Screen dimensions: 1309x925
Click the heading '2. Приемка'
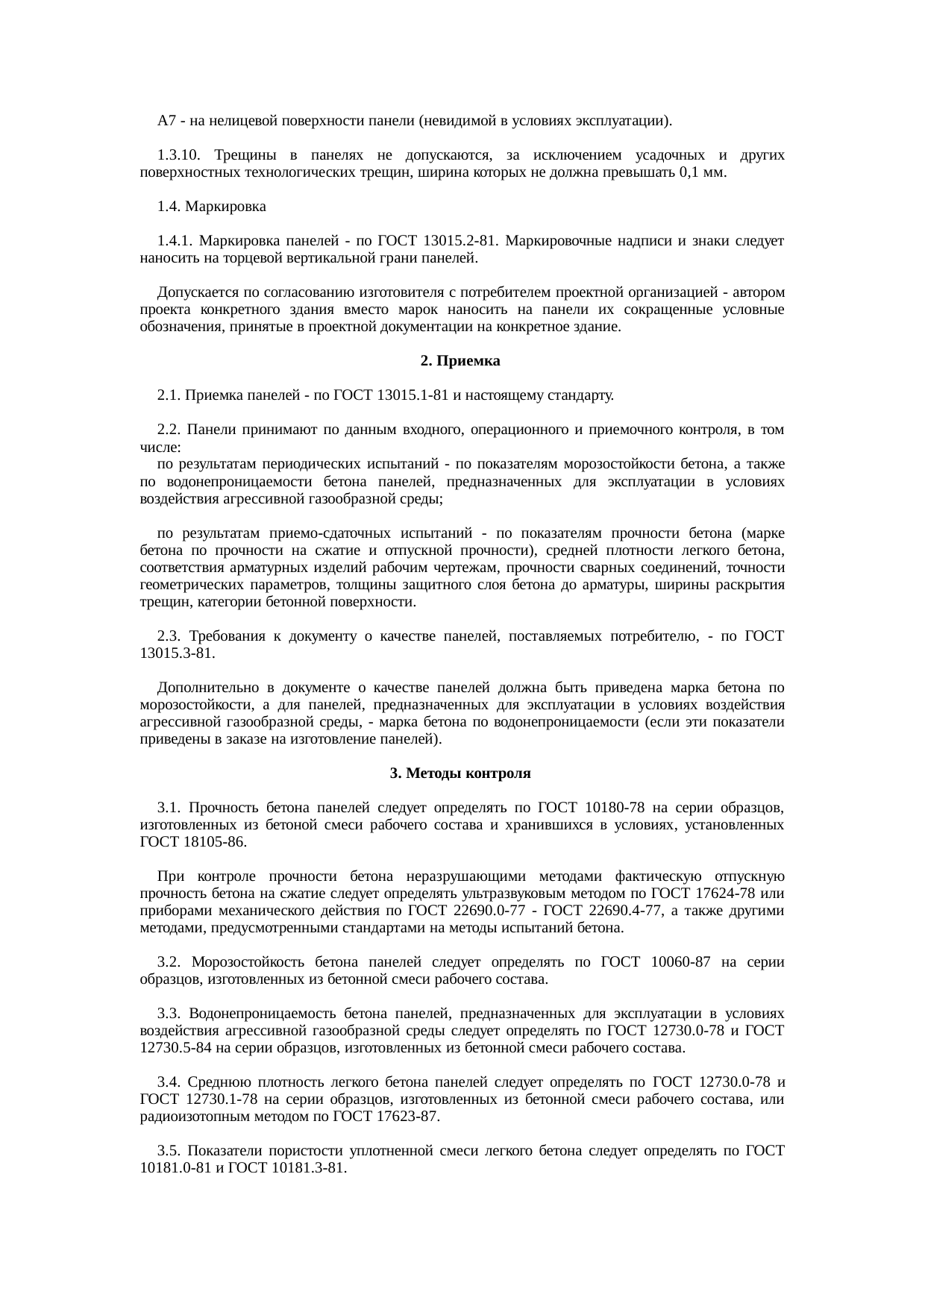click(x=460, y=361)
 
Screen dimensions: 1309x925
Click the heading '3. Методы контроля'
click(x=460, y=773)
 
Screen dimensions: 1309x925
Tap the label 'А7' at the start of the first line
click(x=166, y=120)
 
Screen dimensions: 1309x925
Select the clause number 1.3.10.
click(x=177, y=155)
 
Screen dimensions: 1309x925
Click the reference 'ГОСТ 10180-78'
click(x=592, y=808)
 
